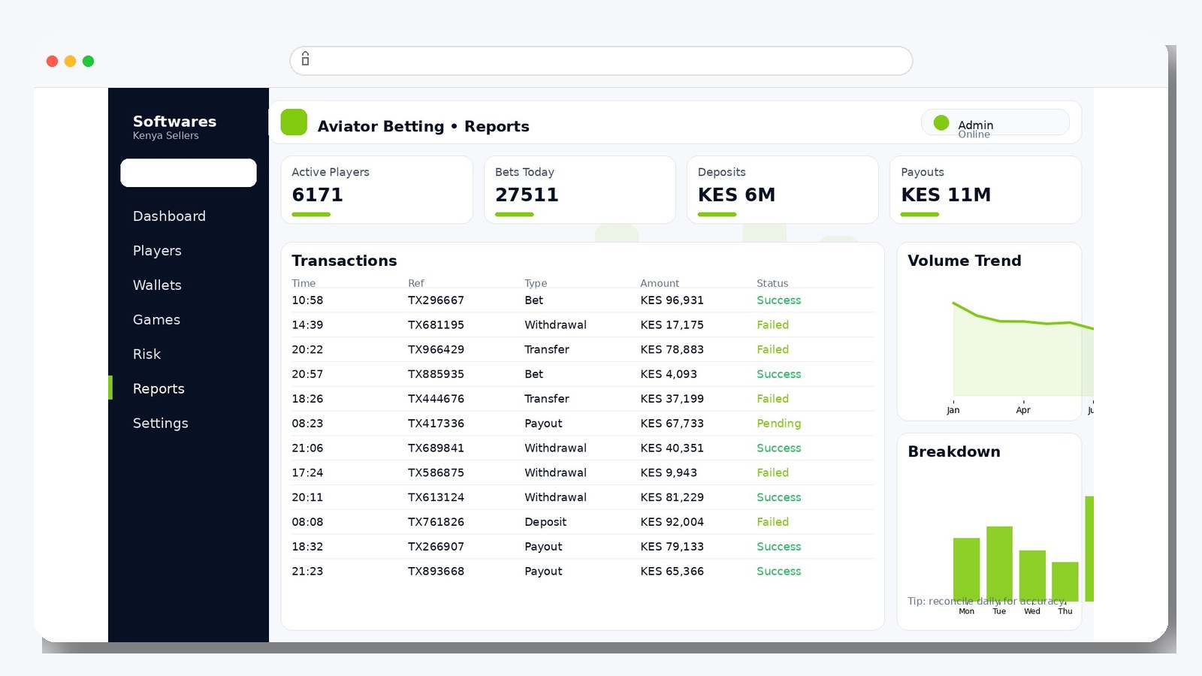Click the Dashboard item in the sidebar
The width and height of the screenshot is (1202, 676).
point(169,216)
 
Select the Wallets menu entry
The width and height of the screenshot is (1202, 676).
point(157,285)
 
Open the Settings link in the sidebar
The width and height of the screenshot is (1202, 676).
point(160,424)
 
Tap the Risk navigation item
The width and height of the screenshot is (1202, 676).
point(146,355)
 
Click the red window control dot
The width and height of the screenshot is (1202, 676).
point(52,62)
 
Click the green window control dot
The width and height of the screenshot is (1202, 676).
point(88,62)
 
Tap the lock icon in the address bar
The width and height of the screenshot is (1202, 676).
point(305,59)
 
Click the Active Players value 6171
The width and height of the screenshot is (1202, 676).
point(317,195)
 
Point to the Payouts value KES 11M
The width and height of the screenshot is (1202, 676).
point(945,195)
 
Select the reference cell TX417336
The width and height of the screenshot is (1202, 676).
point(436,424)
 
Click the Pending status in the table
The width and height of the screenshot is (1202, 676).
point(778,424)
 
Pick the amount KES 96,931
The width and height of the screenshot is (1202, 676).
point(672,300)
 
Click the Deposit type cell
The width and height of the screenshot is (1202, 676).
point(545,522)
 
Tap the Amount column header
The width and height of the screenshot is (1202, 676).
point(659,283)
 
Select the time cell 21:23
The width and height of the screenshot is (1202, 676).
point(307,572)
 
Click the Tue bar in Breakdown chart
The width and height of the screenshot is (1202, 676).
point(999,563)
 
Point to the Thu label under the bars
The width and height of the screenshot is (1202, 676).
point(1065,611)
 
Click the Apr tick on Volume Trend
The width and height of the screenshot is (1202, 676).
point(1022,410)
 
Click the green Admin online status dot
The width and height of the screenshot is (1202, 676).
point(941,122)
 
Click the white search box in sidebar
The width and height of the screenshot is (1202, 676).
point(188,173)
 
